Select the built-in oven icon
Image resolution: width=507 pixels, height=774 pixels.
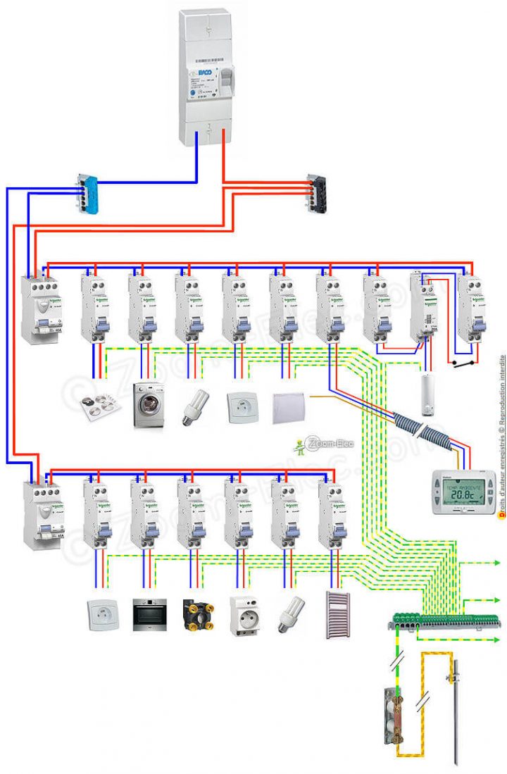pos(149,617)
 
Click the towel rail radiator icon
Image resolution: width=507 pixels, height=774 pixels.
pos(339,615)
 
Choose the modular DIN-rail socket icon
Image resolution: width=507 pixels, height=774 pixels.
pos(244,617)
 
